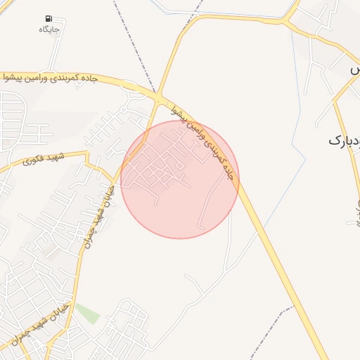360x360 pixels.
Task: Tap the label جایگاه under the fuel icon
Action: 49,30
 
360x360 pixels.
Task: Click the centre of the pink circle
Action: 180,179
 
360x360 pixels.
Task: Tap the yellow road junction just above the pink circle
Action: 159,95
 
